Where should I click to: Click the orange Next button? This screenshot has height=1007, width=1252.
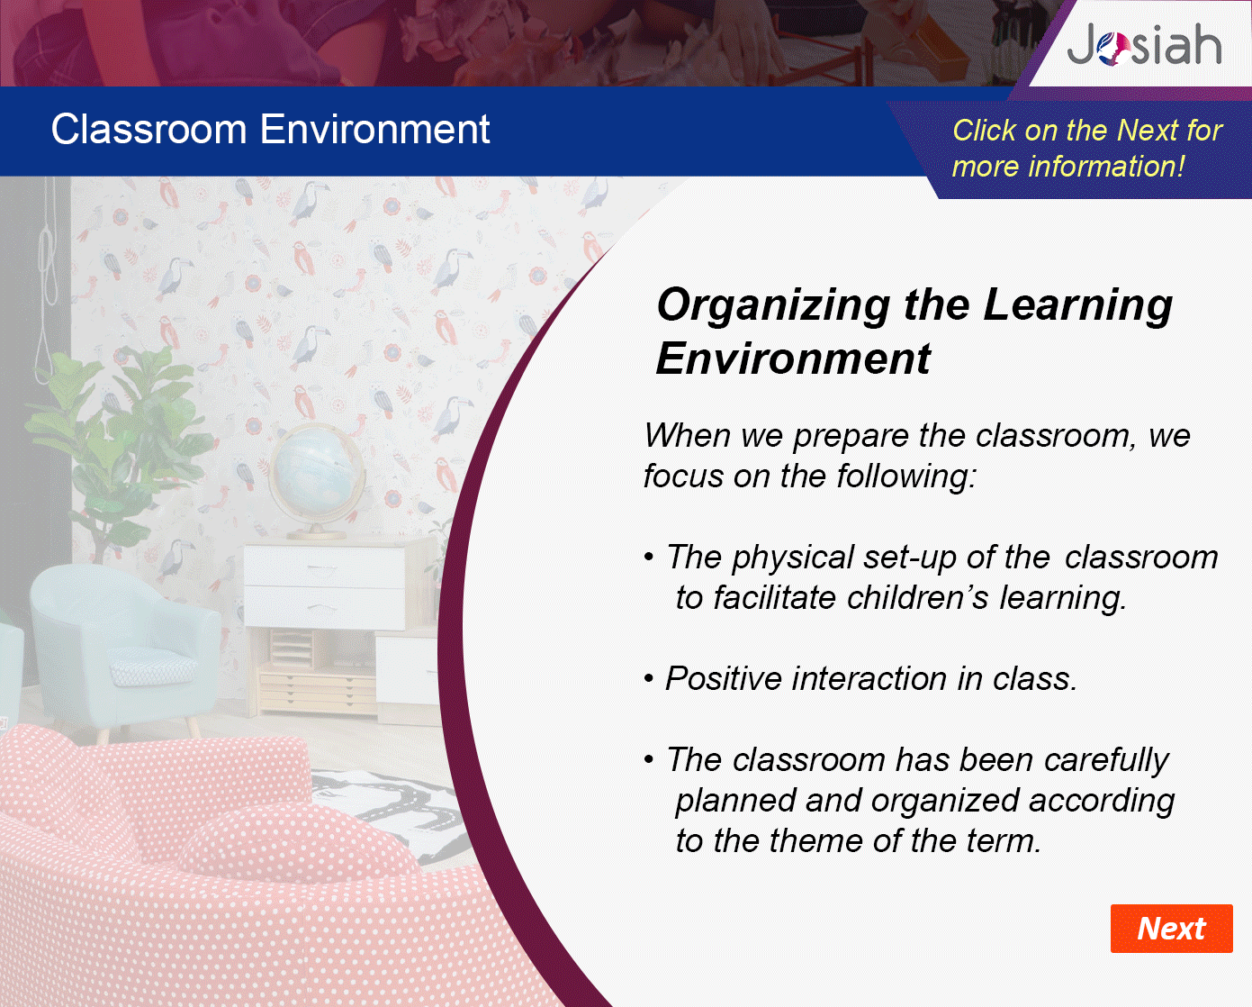pyautogui.click(x=1171, y=929)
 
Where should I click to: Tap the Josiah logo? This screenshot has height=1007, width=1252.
pyautogui.click(x=1144, y=44)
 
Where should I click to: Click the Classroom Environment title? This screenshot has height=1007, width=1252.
pyautogui.click(x=271, y=129)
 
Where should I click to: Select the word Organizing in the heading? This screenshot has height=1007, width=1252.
pyautogui.click(x=773, y=306)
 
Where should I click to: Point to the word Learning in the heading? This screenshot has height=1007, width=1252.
pyautogui.click(x=1077, y=306)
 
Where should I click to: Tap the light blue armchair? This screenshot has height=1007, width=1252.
pyautogui.click(x=124, y=647)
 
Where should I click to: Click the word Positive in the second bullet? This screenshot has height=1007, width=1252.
pyautogui.click(x=723, y=678)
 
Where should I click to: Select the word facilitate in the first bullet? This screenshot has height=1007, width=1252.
pyautogui.click(x=774, y=597)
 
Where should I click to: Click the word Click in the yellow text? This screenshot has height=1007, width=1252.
pyautogui.click(x=983, y=130)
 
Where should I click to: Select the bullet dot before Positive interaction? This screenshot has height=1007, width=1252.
pyautogui.click(x=649, y=680)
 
